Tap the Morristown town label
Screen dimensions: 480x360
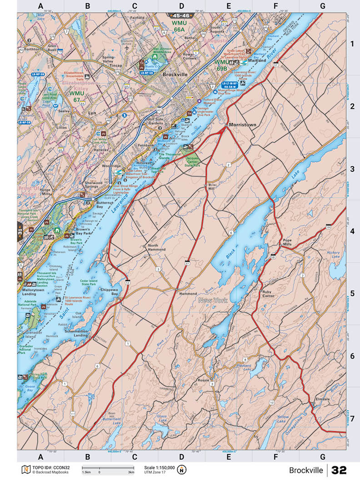243,125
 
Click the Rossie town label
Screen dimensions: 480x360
203,380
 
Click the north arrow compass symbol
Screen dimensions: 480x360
182,470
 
